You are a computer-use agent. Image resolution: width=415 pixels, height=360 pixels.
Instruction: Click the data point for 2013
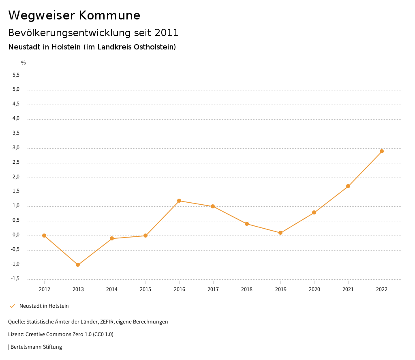point(78,265)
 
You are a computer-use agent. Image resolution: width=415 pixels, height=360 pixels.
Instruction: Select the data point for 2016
point(179,201)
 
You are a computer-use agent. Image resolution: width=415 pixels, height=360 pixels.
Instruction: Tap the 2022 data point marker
point(382,151)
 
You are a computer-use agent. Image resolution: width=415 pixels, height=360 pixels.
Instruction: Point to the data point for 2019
point(280,233)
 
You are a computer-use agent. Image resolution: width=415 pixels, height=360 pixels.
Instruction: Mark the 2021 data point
point(348,186)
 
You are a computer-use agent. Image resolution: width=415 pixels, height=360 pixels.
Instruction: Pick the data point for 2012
point(44,236)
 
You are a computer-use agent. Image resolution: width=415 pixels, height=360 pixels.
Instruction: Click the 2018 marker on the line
point(247,224)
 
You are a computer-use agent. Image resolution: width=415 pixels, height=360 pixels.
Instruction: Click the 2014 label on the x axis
point(112,289)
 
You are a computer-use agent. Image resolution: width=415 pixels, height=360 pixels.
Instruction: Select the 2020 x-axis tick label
point(314,289)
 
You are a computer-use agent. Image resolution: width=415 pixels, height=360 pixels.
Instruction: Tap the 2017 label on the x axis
point(213,289)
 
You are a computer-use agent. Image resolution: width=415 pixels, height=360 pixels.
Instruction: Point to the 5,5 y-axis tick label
point(16,75)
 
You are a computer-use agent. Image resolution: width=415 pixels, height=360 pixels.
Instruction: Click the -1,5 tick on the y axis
point(15,279)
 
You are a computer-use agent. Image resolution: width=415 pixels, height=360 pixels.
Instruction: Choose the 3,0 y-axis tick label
point(16,148)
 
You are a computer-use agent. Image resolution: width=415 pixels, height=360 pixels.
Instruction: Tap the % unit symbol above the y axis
point(24,63)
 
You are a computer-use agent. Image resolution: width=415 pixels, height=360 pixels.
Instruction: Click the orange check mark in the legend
point(12,306)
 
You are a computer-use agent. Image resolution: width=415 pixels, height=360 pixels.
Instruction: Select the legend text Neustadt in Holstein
point(44,306)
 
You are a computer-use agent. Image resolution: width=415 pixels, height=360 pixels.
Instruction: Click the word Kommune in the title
point(110,15)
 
